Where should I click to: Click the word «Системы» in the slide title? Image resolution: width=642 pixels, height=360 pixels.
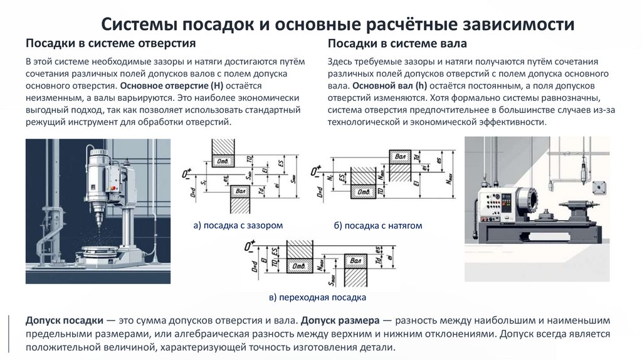coord(139,25)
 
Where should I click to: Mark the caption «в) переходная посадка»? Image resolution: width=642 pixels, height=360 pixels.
coord(317,297)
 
